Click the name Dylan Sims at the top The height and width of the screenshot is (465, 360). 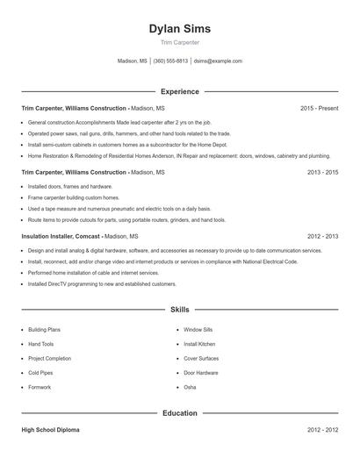180,28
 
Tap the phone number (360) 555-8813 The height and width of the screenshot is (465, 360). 171,61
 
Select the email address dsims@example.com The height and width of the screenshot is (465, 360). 218,61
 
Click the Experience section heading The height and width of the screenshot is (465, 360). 180,91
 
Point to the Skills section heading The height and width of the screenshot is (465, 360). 180,310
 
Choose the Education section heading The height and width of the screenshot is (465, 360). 180,412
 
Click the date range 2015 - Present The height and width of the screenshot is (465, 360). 319,109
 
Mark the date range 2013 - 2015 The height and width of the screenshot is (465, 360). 322,173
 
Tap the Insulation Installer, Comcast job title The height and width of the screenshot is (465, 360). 61,237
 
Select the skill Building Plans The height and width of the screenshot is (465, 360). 47,330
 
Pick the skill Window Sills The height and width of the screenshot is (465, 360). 198,330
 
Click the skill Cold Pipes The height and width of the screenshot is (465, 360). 41,373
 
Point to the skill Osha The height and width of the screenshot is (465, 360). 190,387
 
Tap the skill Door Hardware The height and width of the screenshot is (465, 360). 201,373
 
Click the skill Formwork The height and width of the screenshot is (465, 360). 40,387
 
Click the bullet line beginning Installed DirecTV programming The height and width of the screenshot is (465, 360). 102,284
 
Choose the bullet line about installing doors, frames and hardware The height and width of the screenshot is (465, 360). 70,187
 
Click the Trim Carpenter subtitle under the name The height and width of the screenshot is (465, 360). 180,42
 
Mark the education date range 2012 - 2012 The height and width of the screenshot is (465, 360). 322,430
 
